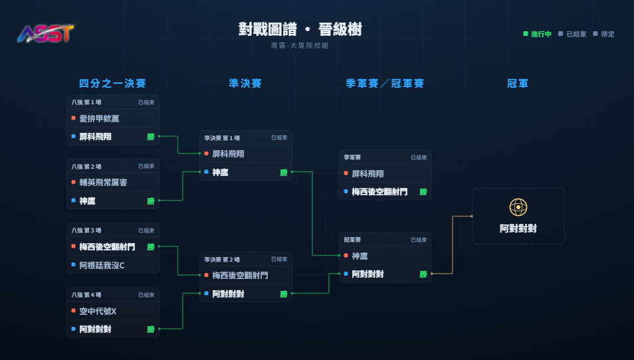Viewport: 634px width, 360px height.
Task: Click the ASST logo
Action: (46, 33)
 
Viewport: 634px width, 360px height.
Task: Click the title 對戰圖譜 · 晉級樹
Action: (300, 29)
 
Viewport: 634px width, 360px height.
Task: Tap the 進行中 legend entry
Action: (538, 34)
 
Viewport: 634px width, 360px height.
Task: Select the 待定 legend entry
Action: (603, 34)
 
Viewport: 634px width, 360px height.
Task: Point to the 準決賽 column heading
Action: (245, 83)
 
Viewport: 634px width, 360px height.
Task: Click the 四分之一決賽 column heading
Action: (112, 83)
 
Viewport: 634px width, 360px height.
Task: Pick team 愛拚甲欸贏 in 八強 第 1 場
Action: (99, 118)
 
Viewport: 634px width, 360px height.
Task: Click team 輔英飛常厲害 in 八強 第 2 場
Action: (103, 182)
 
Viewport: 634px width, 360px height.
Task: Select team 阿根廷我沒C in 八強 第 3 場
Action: (102, 265)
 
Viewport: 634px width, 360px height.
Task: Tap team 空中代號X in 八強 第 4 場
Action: (98, 311)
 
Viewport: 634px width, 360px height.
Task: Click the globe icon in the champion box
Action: (518, 207)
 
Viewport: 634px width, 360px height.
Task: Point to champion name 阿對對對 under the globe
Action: (518, 228)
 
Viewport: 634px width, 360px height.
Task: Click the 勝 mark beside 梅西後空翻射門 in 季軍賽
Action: (423, 192)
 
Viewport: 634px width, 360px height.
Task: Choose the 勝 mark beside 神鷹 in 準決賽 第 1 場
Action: (284, 173)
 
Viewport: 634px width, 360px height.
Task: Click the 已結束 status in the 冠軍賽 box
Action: (419, 240)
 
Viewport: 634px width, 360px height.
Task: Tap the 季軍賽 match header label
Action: (352, 157)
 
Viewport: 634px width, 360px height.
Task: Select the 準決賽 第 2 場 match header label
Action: (222, 260)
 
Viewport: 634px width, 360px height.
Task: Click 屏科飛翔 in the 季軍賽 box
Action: (368, 174)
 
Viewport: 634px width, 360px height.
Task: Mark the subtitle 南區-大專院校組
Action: (300, 46)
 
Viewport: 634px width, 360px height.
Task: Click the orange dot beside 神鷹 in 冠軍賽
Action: (346, 255)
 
